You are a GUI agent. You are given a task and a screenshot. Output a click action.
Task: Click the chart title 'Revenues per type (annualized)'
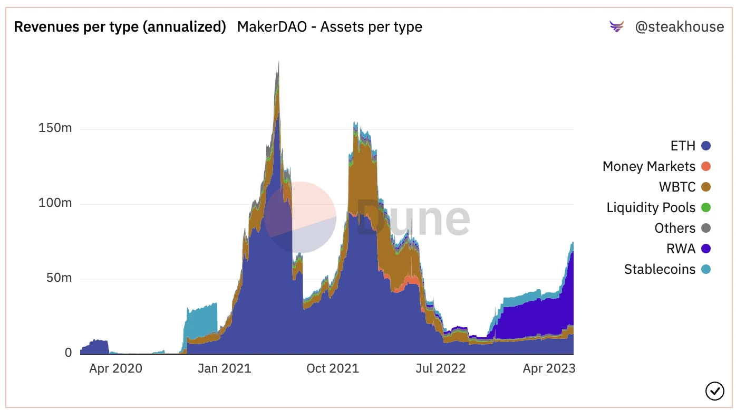coord(120,27)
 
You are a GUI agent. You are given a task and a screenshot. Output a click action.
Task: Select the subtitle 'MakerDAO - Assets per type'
coord(330,27)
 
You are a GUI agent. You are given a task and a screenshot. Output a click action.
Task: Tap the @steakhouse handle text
coord(679,27)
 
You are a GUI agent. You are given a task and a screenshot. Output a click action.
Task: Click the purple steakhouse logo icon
coord(616,26)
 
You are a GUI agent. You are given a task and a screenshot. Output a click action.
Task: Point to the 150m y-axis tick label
coord(55,128)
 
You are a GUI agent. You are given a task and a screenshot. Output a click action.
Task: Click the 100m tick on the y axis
coord(55,203)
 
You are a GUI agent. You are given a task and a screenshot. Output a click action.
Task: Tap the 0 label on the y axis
coord(69,353)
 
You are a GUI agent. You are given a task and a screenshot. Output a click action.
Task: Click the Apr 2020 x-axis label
coord(115,368)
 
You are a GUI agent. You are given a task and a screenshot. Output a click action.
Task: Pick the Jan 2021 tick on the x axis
coord(225,368)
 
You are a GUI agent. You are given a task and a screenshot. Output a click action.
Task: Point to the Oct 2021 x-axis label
coord(332,368)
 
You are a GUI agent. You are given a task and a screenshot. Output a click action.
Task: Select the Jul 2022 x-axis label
coord(440,368)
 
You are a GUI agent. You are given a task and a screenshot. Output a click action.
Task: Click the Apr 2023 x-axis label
coord(549,368)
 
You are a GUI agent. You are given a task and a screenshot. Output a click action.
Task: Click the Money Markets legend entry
coord(656,167)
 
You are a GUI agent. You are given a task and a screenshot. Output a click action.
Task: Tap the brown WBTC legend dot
coord(706,187)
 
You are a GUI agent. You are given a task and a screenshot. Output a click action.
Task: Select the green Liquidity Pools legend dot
coord(706,207)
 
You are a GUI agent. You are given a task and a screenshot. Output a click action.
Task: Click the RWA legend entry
coord(687,249)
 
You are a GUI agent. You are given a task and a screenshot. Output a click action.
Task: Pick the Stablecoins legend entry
coord(666,269)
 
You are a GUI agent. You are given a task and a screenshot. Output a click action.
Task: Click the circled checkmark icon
coord(714,391)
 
